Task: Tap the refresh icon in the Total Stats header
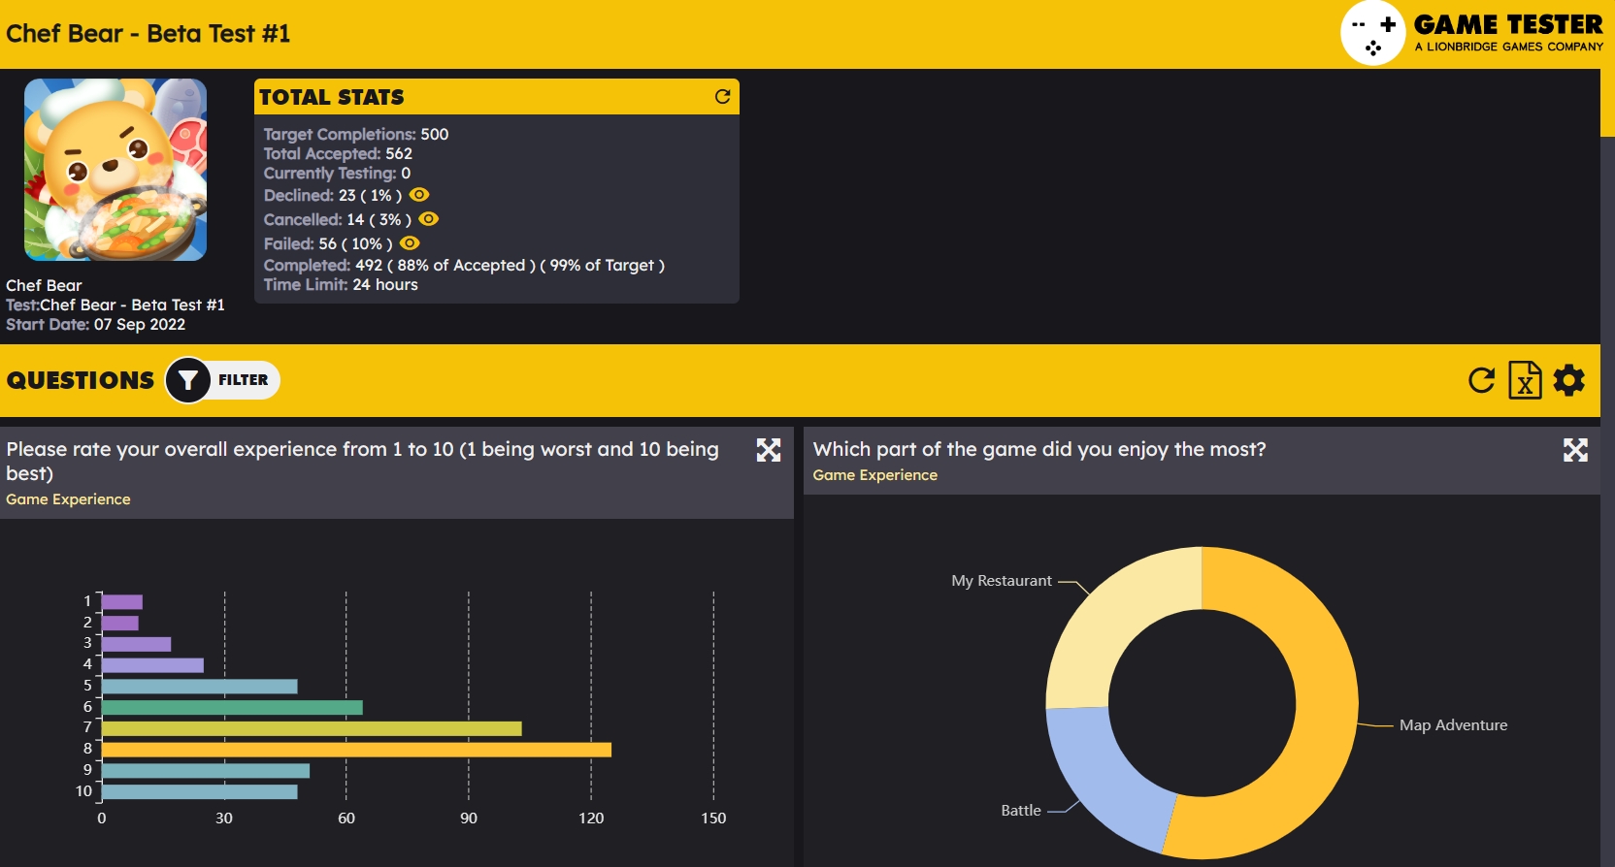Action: (x=722, y=96)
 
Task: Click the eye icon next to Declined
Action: (x=419, y=195)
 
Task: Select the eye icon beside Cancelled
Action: (x=429, y=219)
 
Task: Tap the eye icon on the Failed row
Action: (x=410, y=243)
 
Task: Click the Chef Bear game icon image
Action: (x=115, y=170)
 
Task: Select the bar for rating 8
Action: (x=356, y=750)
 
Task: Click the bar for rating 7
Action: (x=311, y=728)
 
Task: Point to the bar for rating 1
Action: (x=122, y=602)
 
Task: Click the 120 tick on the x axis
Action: (x=591, y=819)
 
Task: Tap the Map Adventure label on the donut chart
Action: (x=1453, y=725)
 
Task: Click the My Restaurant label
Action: (x=1002, y=581)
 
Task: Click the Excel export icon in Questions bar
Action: (x=1525, y=380)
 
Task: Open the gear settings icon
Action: (x=1569, y=380)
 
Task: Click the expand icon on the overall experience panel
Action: (x=769, y=450)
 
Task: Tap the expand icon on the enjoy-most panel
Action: (x=1575, y=450)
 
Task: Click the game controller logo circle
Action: (x=1373, y=34)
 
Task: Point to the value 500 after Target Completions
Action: (x=435, y=134)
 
